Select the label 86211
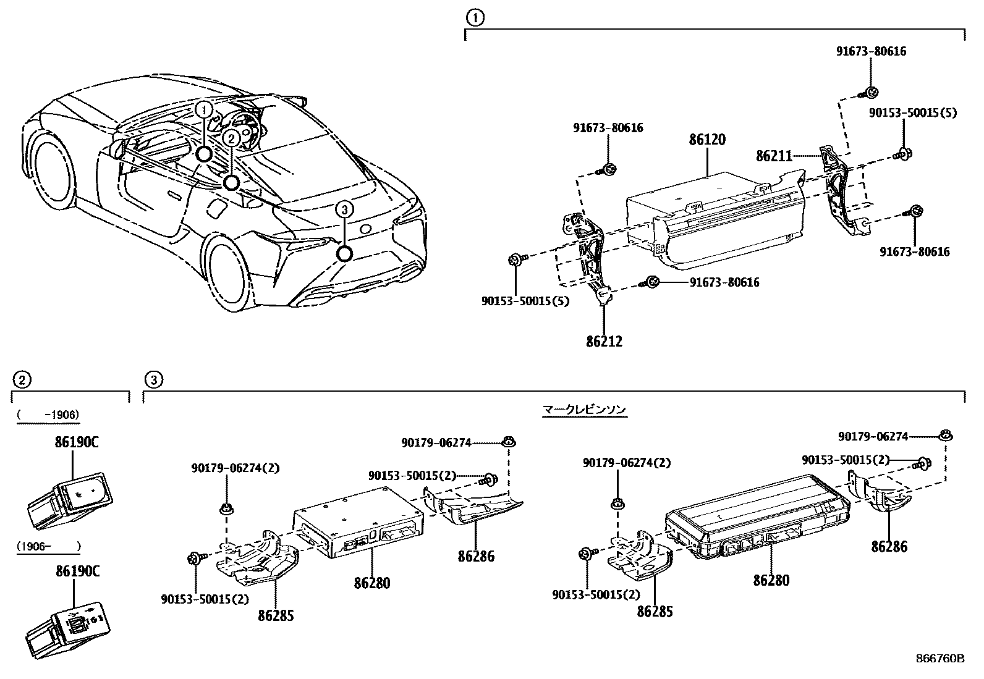773,156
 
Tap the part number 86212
604,340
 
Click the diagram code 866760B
939,659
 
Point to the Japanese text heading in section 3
584,410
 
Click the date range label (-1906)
48,415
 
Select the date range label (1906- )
48,546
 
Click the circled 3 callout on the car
344,210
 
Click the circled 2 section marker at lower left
22,379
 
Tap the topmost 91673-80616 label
871,52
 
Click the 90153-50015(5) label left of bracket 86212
525,301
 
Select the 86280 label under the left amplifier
372,583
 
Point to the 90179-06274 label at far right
873,437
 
